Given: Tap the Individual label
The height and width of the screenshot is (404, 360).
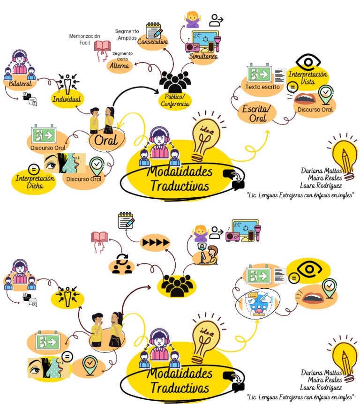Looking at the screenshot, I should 67,99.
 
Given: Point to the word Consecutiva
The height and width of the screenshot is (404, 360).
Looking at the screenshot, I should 153,42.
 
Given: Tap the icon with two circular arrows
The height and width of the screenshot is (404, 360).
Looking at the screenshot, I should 121,264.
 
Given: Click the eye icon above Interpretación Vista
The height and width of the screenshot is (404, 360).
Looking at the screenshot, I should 308,62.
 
